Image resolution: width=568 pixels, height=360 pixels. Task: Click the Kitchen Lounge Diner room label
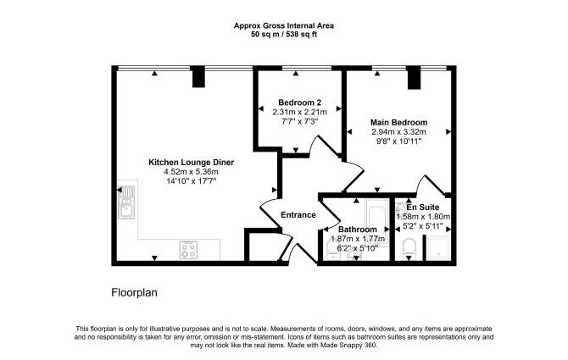click(191, 163)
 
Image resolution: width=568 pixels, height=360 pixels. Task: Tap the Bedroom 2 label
click(299, 102)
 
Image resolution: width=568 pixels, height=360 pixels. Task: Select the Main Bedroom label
click(398, 122)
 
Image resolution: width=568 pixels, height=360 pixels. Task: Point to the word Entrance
click(298, 215)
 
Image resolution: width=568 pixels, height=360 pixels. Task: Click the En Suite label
click(423, 208)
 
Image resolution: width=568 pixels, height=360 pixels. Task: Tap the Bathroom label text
click(358, 230)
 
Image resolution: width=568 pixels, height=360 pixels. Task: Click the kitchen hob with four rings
click(188, 250)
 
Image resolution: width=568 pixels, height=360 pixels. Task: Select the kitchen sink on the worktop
click(126, 202)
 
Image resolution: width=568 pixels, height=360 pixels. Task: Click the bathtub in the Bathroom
click(377, 222)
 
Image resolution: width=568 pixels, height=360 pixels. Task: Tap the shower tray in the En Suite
click(438, 248)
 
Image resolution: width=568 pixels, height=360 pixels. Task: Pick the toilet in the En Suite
click(409, 249)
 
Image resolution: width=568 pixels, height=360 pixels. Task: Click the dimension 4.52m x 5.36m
click(191, 172)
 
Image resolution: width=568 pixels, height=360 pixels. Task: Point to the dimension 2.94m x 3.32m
click(398, 131)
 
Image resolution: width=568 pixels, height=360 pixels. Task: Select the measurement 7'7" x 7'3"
click(299, 122)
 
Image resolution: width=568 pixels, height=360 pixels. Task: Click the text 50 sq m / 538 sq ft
click(284, 35)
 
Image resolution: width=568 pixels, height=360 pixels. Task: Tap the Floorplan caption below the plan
click(135, 292)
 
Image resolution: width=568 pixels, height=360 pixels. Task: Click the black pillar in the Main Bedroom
click(414, 77)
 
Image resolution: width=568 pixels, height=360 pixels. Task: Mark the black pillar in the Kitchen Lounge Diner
click(198, 76)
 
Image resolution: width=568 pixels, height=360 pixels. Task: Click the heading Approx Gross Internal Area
click(284, 25)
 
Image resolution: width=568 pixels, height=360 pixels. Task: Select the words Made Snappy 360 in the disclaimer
click(348, 345)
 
